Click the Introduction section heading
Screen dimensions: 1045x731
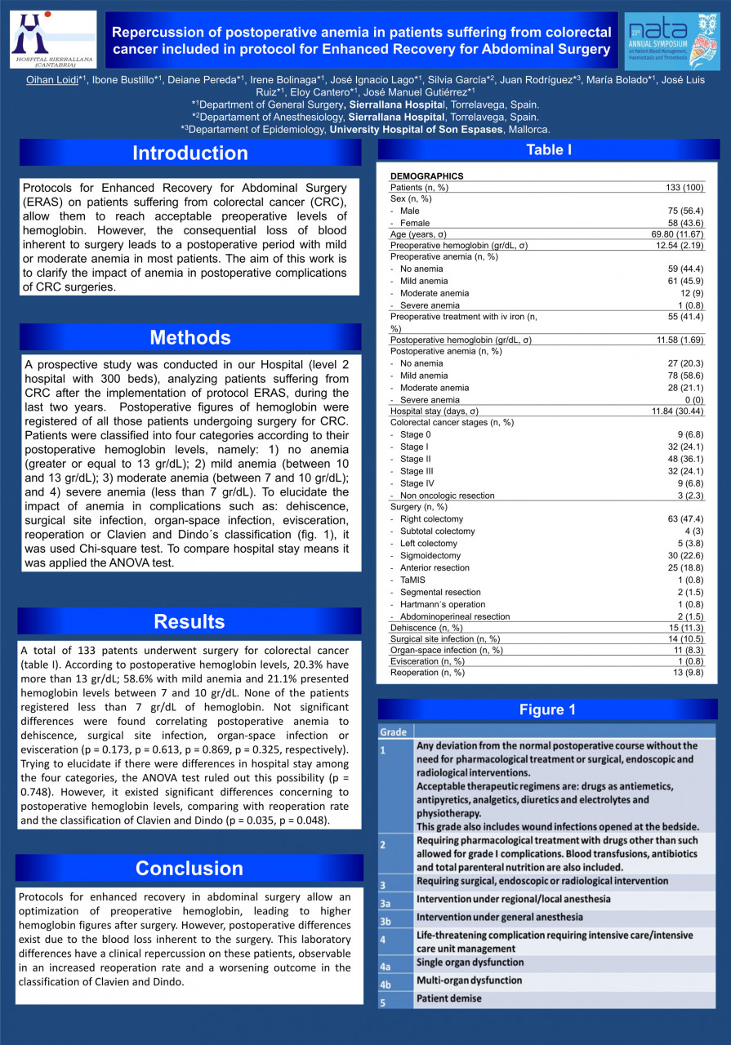pyautogui.click(x=189, y=153)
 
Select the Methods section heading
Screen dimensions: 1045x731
pyautogui.click(x=189, y=337)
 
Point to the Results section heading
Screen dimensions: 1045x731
pyautogui.click(x=189, y=621)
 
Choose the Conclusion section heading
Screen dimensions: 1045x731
pyautogui.click(x=189, y=868)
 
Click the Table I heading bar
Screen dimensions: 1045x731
pyautogui.click(x=548, y=149)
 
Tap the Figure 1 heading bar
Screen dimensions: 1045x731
pyautogui.click(x=547, y=709)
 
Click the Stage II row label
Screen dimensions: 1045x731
pyautogui.click(x=417, y=459)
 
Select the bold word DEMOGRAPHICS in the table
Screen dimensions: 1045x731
pyautogui.click(x=426, y=176)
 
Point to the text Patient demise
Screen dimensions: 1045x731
pyautogui.click(x=449, y=998)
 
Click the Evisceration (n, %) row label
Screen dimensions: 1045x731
pyautogui.click(x=427, y=661)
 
